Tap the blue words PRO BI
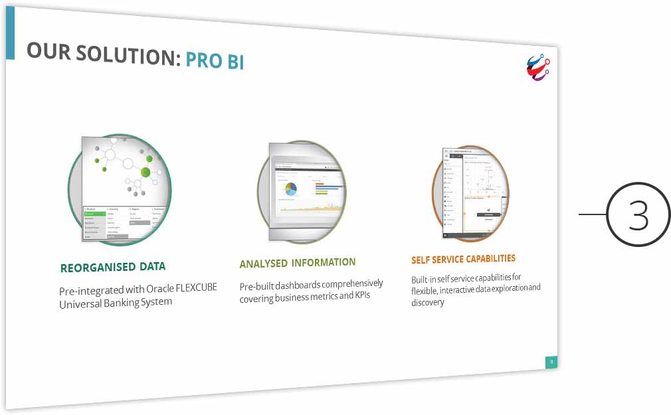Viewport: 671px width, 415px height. tap(215, 61)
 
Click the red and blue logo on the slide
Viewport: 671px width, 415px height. tap(538, 68)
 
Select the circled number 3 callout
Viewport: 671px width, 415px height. tap(638, 214)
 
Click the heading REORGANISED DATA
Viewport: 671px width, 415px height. tap(112, 268)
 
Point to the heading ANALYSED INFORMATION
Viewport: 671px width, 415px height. tap(297, 263)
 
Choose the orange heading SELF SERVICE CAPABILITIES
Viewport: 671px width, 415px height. tap(463, 259)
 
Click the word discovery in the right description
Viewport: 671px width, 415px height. tap(427, 302)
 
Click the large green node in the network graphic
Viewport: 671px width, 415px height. tap(146, 173)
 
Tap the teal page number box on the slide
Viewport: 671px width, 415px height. tap(551, 362)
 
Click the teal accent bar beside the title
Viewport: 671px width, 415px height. tap(9, 37)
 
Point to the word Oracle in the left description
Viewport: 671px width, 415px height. tap(150, 290)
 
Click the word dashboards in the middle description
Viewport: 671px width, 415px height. tap(295, 286)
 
